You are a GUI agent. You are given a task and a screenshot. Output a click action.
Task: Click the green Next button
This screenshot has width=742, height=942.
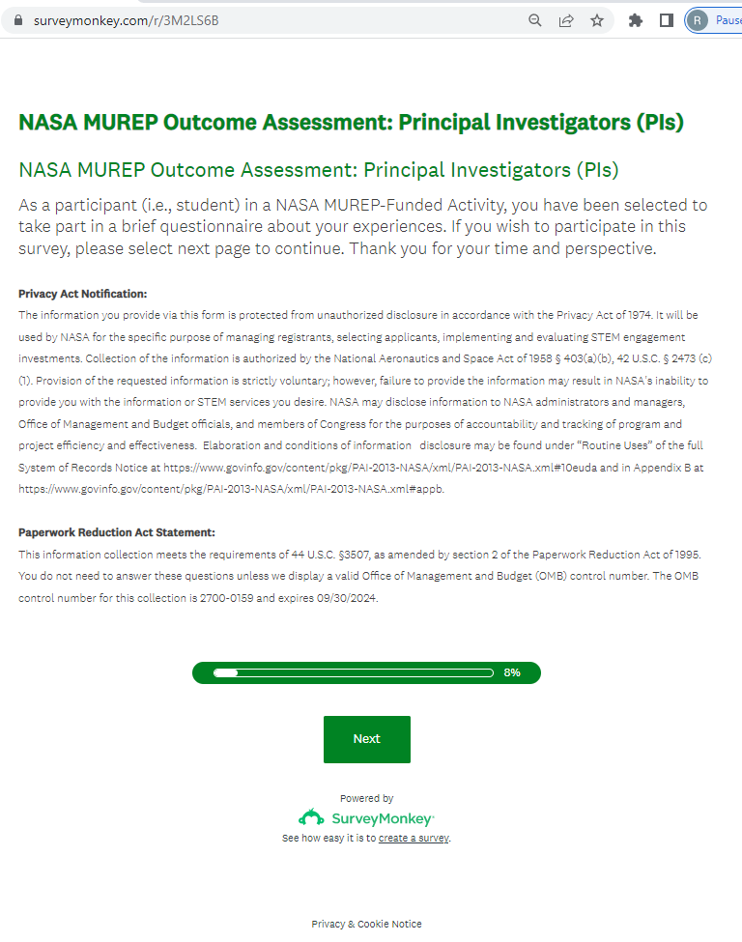click(366, 739)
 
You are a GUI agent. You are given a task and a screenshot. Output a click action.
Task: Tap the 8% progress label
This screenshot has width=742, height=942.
click(512, 672)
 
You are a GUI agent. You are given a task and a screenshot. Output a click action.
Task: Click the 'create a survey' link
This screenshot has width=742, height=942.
click(414, 839)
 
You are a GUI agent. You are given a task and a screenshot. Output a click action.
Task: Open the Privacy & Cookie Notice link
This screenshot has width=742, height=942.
click(366, 924)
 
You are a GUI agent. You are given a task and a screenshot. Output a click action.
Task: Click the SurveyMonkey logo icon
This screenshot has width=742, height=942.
click(311, 817)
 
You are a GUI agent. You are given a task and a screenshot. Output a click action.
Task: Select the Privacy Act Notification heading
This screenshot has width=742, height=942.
click(82, 294)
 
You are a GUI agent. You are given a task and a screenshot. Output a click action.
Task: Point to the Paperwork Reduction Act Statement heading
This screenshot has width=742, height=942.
click(116, 532)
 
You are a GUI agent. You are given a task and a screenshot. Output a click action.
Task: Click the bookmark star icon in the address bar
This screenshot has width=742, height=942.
click(597, 20)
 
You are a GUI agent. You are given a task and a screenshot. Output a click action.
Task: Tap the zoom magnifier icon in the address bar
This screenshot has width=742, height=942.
click(535, 20)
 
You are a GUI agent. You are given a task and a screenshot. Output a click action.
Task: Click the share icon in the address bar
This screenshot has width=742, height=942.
click(566, 20)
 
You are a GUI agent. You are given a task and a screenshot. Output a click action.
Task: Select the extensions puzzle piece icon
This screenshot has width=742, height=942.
click(635, 20)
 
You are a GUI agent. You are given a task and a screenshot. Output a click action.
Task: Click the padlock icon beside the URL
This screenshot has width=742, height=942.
click(15, 20)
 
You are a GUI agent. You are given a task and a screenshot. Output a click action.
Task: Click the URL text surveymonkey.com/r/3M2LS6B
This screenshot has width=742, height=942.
click(126, 20)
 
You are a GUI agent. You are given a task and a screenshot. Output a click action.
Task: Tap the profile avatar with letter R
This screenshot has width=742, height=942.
click(698, 20)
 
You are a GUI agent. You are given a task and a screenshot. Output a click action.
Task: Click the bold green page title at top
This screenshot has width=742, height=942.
click(351, 123)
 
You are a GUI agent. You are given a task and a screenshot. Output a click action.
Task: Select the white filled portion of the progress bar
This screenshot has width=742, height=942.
click(226, 672)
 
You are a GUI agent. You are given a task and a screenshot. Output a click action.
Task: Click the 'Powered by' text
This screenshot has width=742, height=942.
click(366, 798)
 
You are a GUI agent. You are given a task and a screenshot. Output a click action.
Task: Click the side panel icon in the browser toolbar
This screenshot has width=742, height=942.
click(666, 20)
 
